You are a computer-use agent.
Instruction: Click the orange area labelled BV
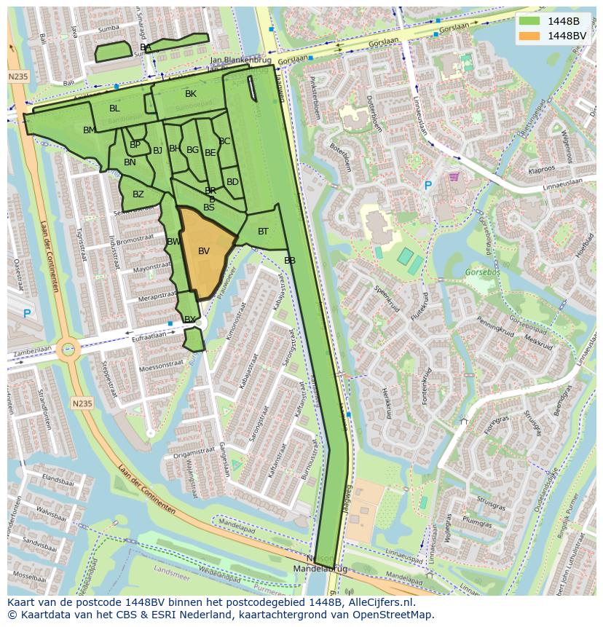pyautogui.click(x=204, y=251)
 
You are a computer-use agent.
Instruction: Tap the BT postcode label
pyautogui.click(x=263, y=232)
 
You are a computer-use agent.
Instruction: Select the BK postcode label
pyautogui.click(x=191, y=94)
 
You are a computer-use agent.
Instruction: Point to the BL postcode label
pyautogui.click(x=114, y=109)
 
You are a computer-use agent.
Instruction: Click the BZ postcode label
pyautogui.click(x=138, y=194)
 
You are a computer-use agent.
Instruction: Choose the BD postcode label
pyautogui.click(x=232, y=182)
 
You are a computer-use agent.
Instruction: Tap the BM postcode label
pyautogui.click(x=89, y=130)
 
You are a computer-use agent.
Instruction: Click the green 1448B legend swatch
pyautogui.click(x=530, y=21)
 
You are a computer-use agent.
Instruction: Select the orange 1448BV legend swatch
pyautogui.click(x=530, y=36)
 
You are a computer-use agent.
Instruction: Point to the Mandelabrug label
pyautogui.click(x=321, y=568)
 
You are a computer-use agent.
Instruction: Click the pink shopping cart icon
pyautogui.click(x=454, y=176)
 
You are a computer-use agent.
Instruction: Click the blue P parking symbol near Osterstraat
pyautogui.click(x=27, y=314)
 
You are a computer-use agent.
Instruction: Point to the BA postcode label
pyautogui.click(x=146, y=47)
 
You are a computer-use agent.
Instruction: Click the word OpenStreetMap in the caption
pyautogui.click(x=394, y=615)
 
